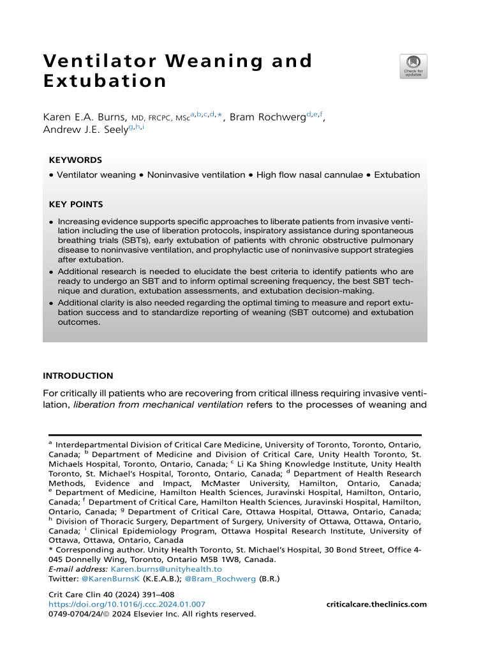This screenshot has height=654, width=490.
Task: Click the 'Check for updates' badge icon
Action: point(413,66)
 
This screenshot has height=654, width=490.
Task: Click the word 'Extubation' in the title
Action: point(105,82)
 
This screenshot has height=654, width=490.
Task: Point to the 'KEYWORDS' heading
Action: point(75,160)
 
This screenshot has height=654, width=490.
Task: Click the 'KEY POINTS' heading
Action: point(77,204)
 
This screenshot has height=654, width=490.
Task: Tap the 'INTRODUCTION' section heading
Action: point(78,376)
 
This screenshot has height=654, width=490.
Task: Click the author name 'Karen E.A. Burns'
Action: point(84,118)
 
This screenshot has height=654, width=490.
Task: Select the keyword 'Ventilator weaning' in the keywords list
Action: point(96,174)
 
